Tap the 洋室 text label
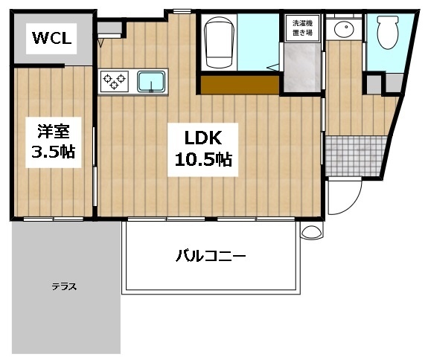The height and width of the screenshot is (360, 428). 54,132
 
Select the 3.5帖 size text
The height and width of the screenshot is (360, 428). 54,152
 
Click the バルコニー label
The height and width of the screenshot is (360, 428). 211,257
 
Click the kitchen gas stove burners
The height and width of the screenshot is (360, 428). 115,79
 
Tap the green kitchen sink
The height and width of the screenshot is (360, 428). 151,80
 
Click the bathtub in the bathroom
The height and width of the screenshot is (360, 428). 219,40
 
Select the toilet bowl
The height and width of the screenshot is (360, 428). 387,33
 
